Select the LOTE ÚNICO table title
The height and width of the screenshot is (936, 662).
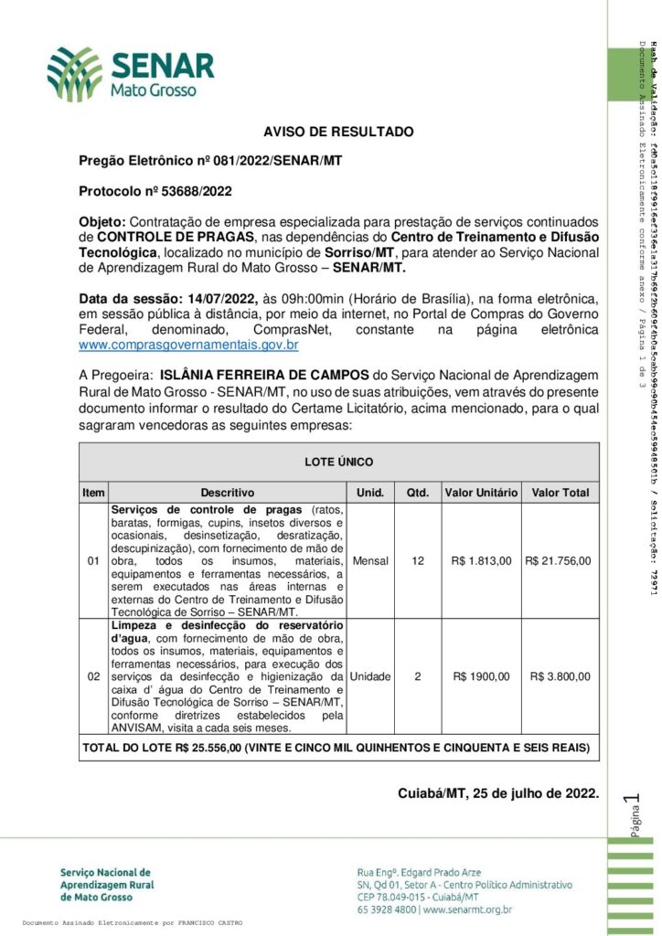338,463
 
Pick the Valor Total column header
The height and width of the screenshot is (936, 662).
560,493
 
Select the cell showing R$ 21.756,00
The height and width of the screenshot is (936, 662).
560,560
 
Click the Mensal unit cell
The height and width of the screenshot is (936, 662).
370,560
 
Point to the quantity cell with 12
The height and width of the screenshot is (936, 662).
418,560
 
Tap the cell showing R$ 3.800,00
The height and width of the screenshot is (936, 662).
560,676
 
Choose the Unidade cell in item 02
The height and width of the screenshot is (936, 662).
370,676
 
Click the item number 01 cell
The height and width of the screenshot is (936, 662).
93,560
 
